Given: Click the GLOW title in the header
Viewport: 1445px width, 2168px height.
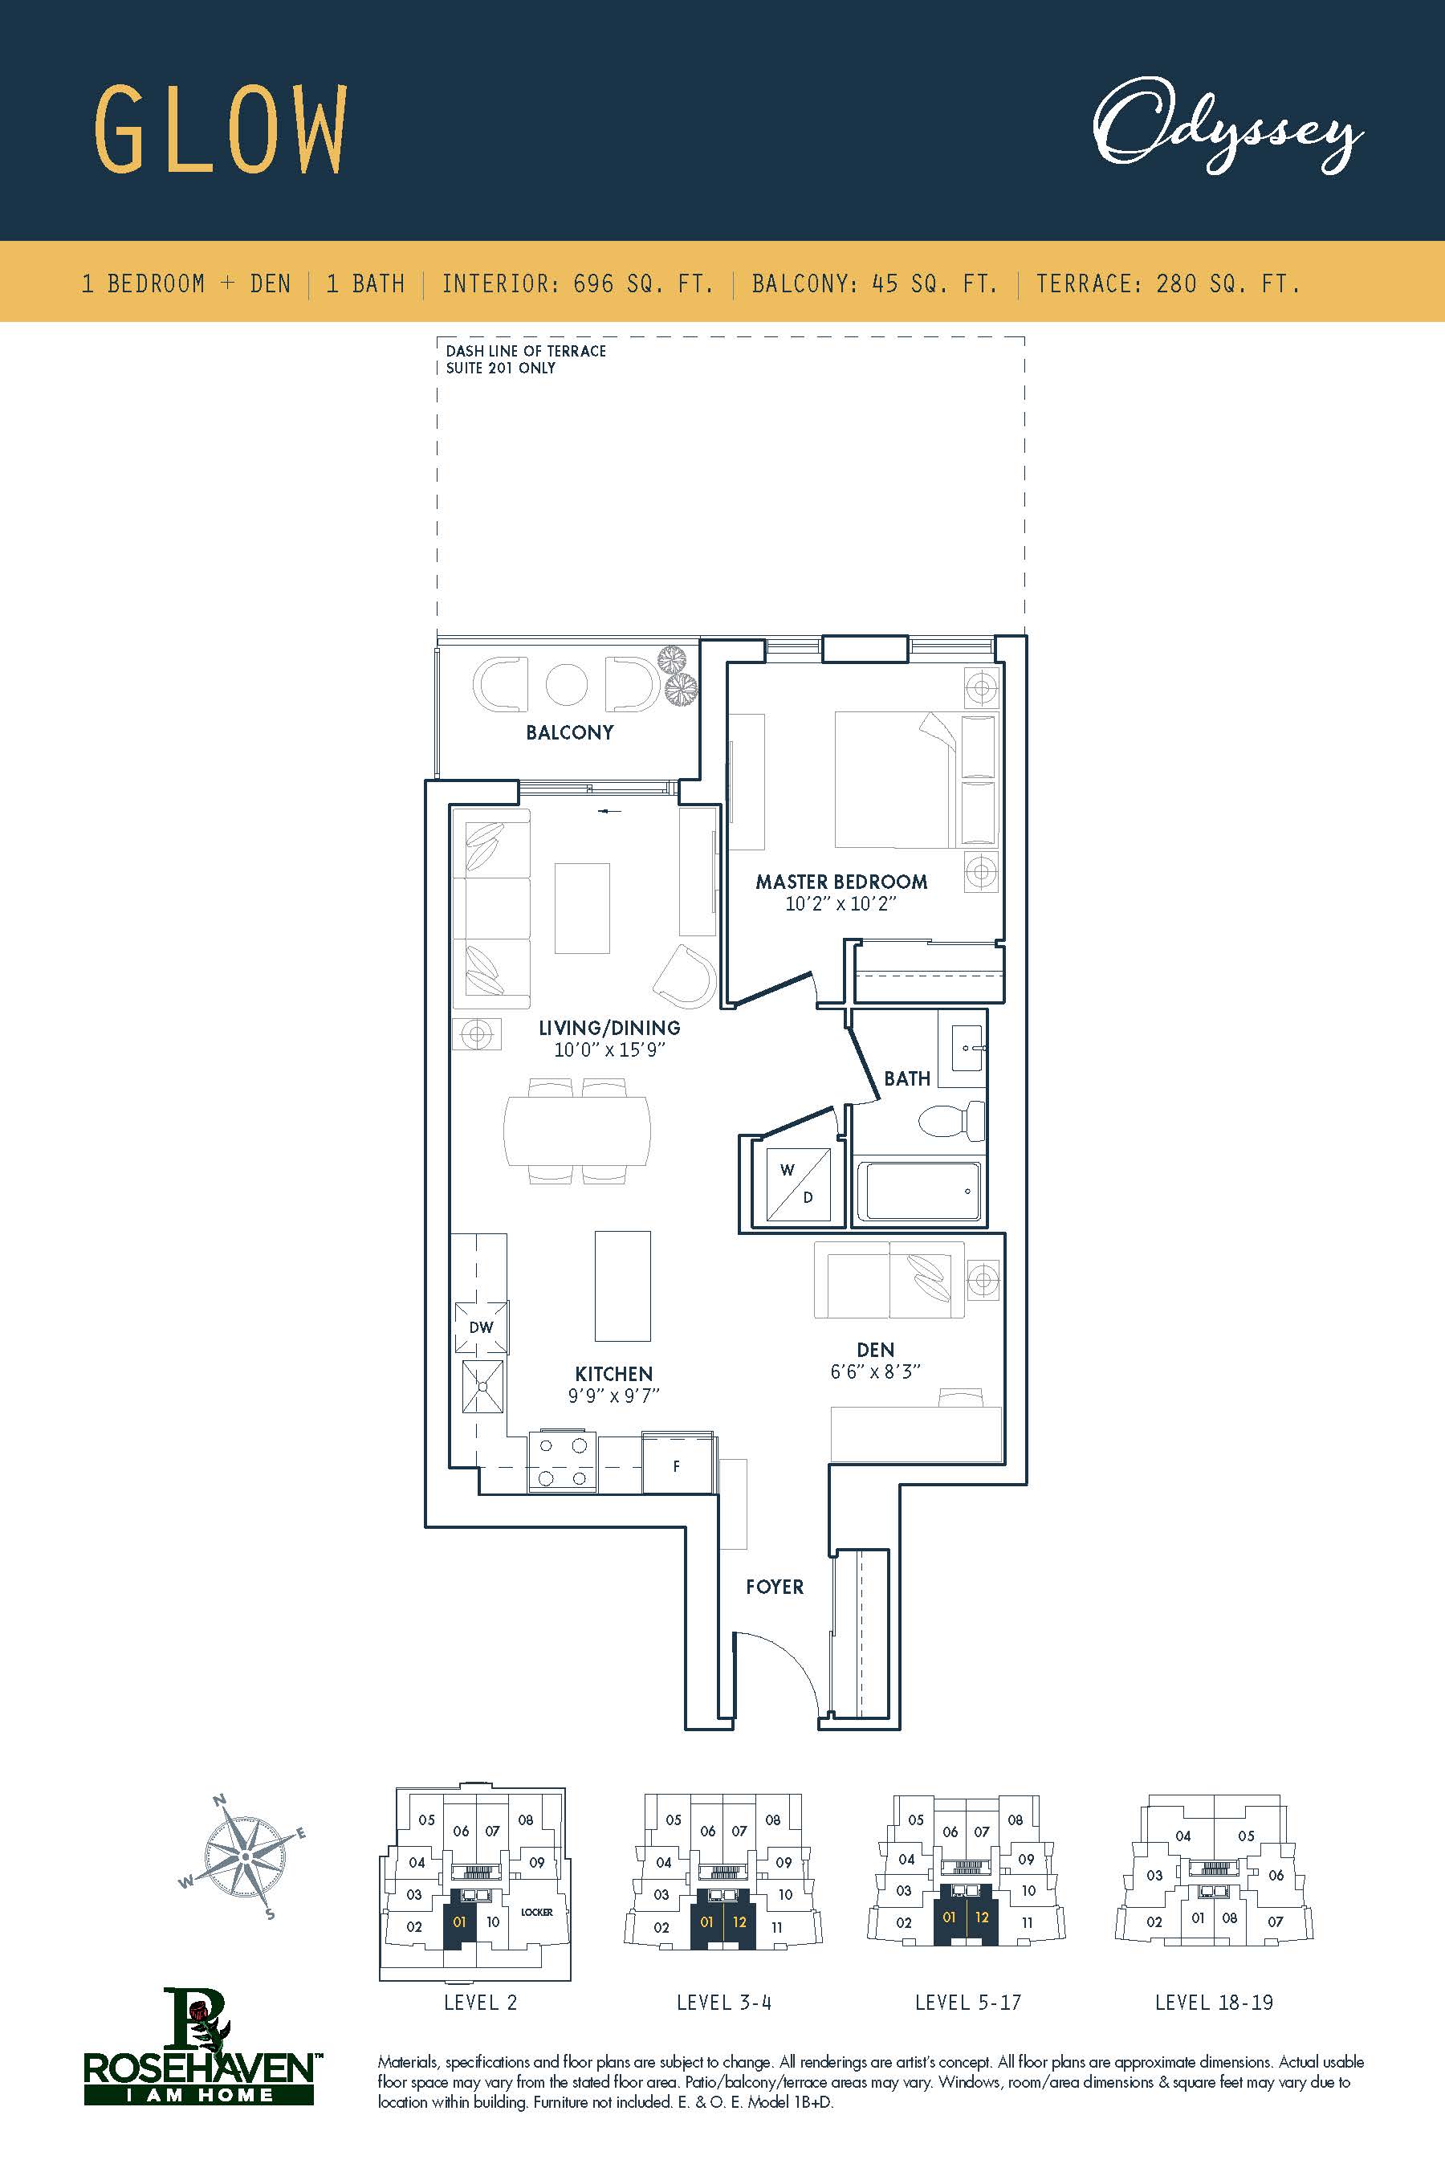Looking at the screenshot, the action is pyautogui.click(x=222, y=129).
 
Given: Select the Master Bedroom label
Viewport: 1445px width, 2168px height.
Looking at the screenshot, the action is pyautogui.click(x=841, y=881).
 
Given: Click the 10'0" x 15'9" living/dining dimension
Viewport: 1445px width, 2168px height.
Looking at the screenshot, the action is pyautogui.click(x=609, y=1050).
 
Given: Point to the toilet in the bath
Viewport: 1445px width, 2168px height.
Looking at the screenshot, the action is pyautogui.click(x=951, y=1122).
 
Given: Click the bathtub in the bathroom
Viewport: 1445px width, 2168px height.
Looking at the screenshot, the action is pyautogui.click(x=919, y=1192).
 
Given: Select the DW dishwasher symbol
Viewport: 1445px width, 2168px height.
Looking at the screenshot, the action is pyautogui.click(x=481, y=1327).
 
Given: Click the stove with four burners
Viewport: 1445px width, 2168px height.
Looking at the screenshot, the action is pyautogui.click(x=562, y=1462).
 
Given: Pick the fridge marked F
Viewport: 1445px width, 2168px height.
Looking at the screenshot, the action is pyautogui.click(x=677, y=1465).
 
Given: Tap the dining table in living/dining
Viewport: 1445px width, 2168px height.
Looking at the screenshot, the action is pyautogui.click(x=578, y=1132).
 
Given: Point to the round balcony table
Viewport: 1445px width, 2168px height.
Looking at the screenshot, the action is pyautogui.click(x=567, y=684).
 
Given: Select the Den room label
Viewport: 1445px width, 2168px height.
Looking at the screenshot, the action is pyautogui.click(x=876, y=1350).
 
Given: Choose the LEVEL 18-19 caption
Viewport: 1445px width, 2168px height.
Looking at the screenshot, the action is pyautogui.click(x=1214, y=2002).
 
